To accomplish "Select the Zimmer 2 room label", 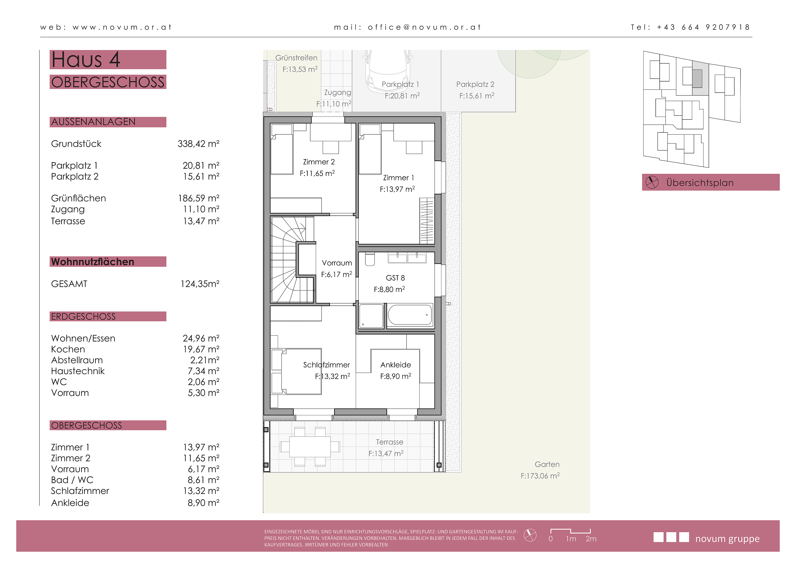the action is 319,162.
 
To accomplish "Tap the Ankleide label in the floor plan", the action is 396,365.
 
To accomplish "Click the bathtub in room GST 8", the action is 410,315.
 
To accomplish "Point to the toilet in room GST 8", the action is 370,259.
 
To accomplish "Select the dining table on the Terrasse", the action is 310,447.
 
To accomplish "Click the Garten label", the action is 547,464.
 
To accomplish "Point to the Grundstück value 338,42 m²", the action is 198,144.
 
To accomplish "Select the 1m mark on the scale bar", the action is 571,539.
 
